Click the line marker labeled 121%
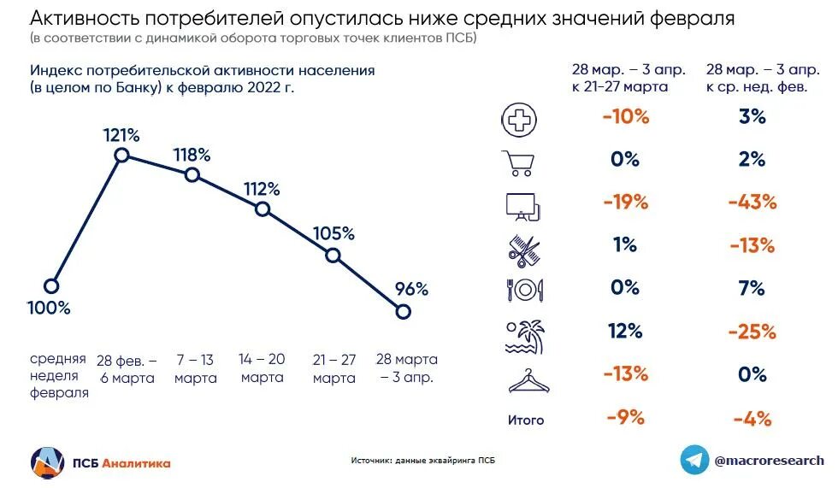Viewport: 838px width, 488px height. [121, 155]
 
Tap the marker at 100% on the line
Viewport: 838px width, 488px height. [52, 286]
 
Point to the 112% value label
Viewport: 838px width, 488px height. [262, 189]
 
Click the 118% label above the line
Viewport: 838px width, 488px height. [192, 155]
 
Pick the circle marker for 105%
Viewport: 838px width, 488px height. [333, 255]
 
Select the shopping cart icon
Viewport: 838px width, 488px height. [518, 162]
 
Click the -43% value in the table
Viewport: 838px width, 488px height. [752, 203]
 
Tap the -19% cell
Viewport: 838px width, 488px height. [625, 203]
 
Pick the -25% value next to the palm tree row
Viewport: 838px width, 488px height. [752, 331]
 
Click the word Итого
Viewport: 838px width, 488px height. [525, 420]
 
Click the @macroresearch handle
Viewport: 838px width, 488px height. [770, 460]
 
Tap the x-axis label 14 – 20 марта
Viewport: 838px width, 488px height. [263, 367]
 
